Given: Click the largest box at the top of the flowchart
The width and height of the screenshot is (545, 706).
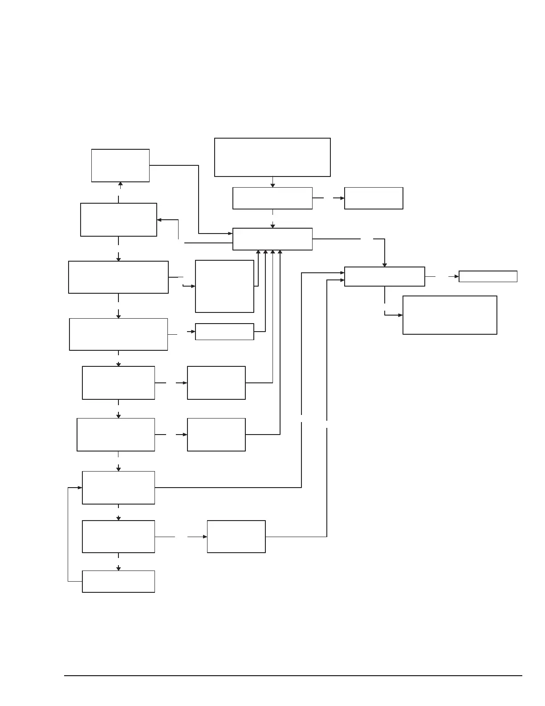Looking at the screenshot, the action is coord(272,157).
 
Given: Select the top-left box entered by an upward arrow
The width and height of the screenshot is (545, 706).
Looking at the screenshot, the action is coord(120,165).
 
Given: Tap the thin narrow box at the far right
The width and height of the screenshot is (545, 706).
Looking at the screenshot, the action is coord(488,276).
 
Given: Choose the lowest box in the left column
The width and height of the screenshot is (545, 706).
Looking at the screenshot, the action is coord(118,581).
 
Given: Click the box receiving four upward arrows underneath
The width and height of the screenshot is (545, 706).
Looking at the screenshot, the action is coord(272,239).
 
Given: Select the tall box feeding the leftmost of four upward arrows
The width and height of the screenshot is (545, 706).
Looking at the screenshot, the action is coord(224,286).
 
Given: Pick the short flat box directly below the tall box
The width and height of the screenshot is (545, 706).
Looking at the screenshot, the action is coord(224,332).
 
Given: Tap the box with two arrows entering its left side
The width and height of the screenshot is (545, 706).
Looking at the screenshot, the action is coord(384,276).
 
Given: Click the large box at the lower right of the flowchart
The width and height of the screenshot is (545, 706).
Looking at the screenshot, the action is coord(449,315).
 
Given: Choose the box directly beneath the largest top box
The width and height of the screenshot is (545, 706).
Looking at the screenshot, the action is coord(272,198).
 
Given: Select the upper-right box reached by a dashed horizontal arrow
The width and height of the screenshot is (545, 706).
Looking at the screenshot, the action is coord(374,198).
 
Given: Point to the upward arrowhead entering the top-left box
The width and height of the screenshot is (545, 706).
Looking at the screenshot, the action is coord(120,184).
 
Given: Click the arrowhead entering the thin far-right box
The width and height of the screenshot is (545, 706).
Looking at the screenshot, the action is coord(456,276).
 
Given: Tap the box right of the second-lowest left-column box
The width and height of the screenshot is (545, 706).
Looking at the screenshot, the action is coord(236,537).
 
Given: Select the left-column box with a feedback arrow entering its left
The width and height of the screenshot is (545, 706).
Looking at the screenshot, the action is coord(118,488).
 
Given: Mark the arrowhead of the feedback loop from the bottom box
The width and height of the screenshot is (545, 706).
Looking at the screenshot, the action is coord(80,488).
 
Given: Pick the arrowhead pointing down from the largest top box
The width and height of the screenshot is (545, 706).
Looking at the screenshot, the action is coord(272,185).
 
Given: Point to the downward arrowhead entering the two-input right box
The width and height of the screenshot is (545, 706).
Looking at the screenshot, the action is coord(385,265).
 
